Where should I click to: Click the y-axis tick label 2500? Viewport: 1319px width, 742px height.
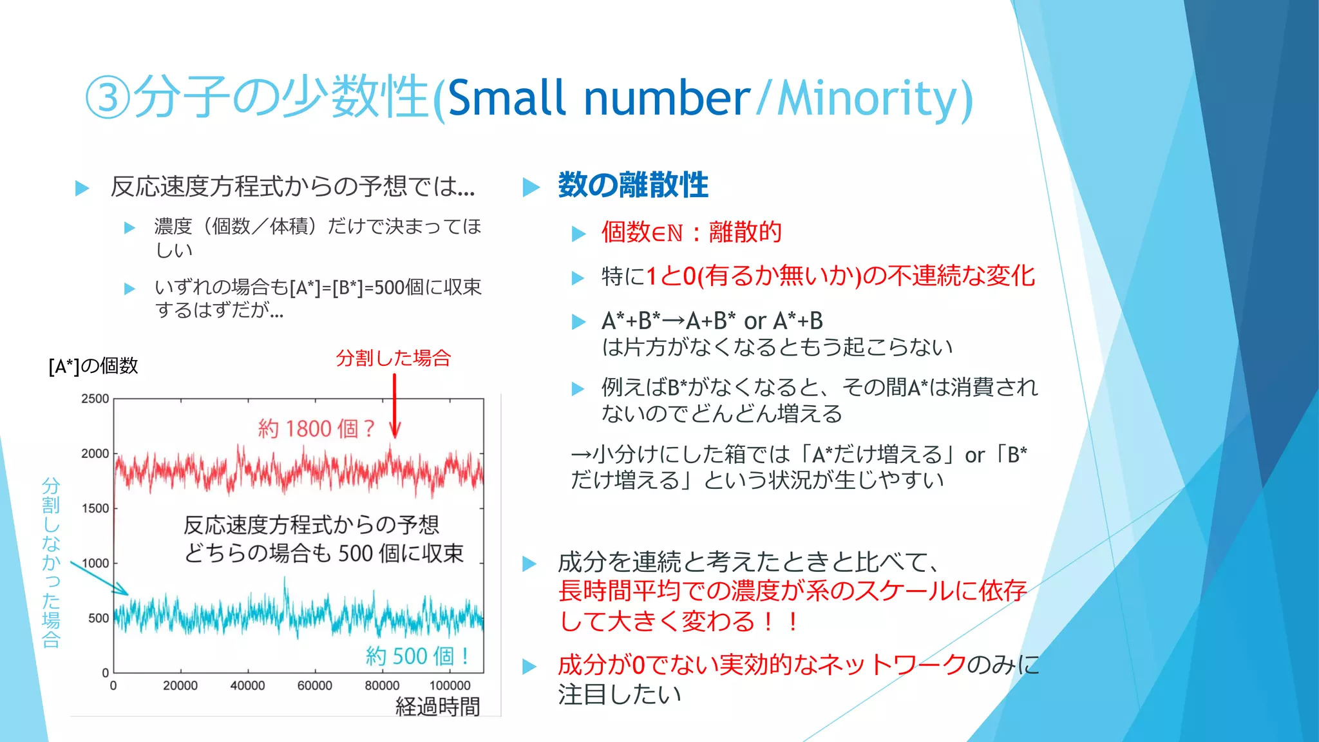(x=95, y=399)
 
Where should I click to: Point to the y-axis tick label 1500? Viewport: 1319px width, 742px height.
(x=95, y=508)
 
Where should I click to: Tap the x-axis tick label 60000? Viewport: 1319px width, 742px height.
(x=314, y=686)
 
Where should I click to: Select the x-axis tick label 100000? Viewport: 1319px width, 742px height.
(x=450, y=686)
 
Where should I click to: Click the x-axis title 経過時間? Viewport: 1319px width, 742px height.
(x=437, y=707)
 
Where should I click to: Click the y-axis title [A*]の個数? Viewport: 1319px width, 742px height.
(x=93, y=366)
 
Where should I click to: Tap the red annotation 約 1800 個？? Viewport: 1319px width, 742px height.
(x=316, y=428)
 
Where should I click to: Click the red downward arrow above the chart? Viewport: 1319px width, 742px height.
(x=395, y=406)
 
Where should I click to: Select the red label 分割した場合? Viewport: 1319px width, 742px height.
(x=393, y=358)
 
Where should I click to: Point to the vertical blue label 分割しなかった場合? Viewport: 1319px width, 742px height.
(x=51, y=562)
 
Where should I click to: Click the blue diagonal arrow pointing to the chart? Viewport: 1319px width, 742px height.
(x=99, y=578)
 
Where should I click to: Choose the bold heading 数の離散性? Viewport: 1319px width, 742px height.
(x=632, y=185)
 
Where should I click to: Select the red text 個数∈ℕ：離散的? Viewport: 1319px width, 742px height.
(x=691, y=232)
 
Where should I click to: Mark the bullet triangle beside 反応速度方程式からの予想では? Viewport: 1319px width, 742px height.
(x=82, y=188)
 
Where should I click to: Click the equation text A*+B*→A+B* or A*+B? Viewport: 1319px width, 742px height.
(x=712, y=321)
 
